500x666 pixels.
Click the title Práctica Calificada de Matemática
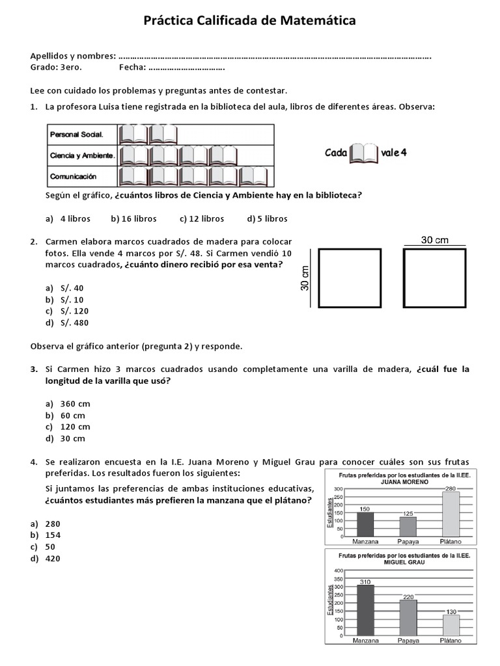tap(249, 21)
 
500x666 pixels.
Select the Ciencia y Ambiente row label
tap(83, 155)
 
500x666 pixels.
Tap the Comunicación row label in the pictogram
tap(73, 176)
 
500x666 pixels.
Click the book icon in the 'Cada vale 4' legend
tap(365, 153)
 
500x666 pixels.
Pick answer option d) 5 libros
tap(267, 219)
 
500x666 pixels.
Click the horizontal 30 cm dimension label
tap(435, 240)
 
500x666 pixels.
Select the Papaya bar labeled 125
tap(408, 526)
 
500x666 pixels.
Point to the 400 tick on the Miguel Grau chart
tap(338, 570)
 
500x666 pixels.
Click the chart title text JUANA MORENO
tap(404, 482)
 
